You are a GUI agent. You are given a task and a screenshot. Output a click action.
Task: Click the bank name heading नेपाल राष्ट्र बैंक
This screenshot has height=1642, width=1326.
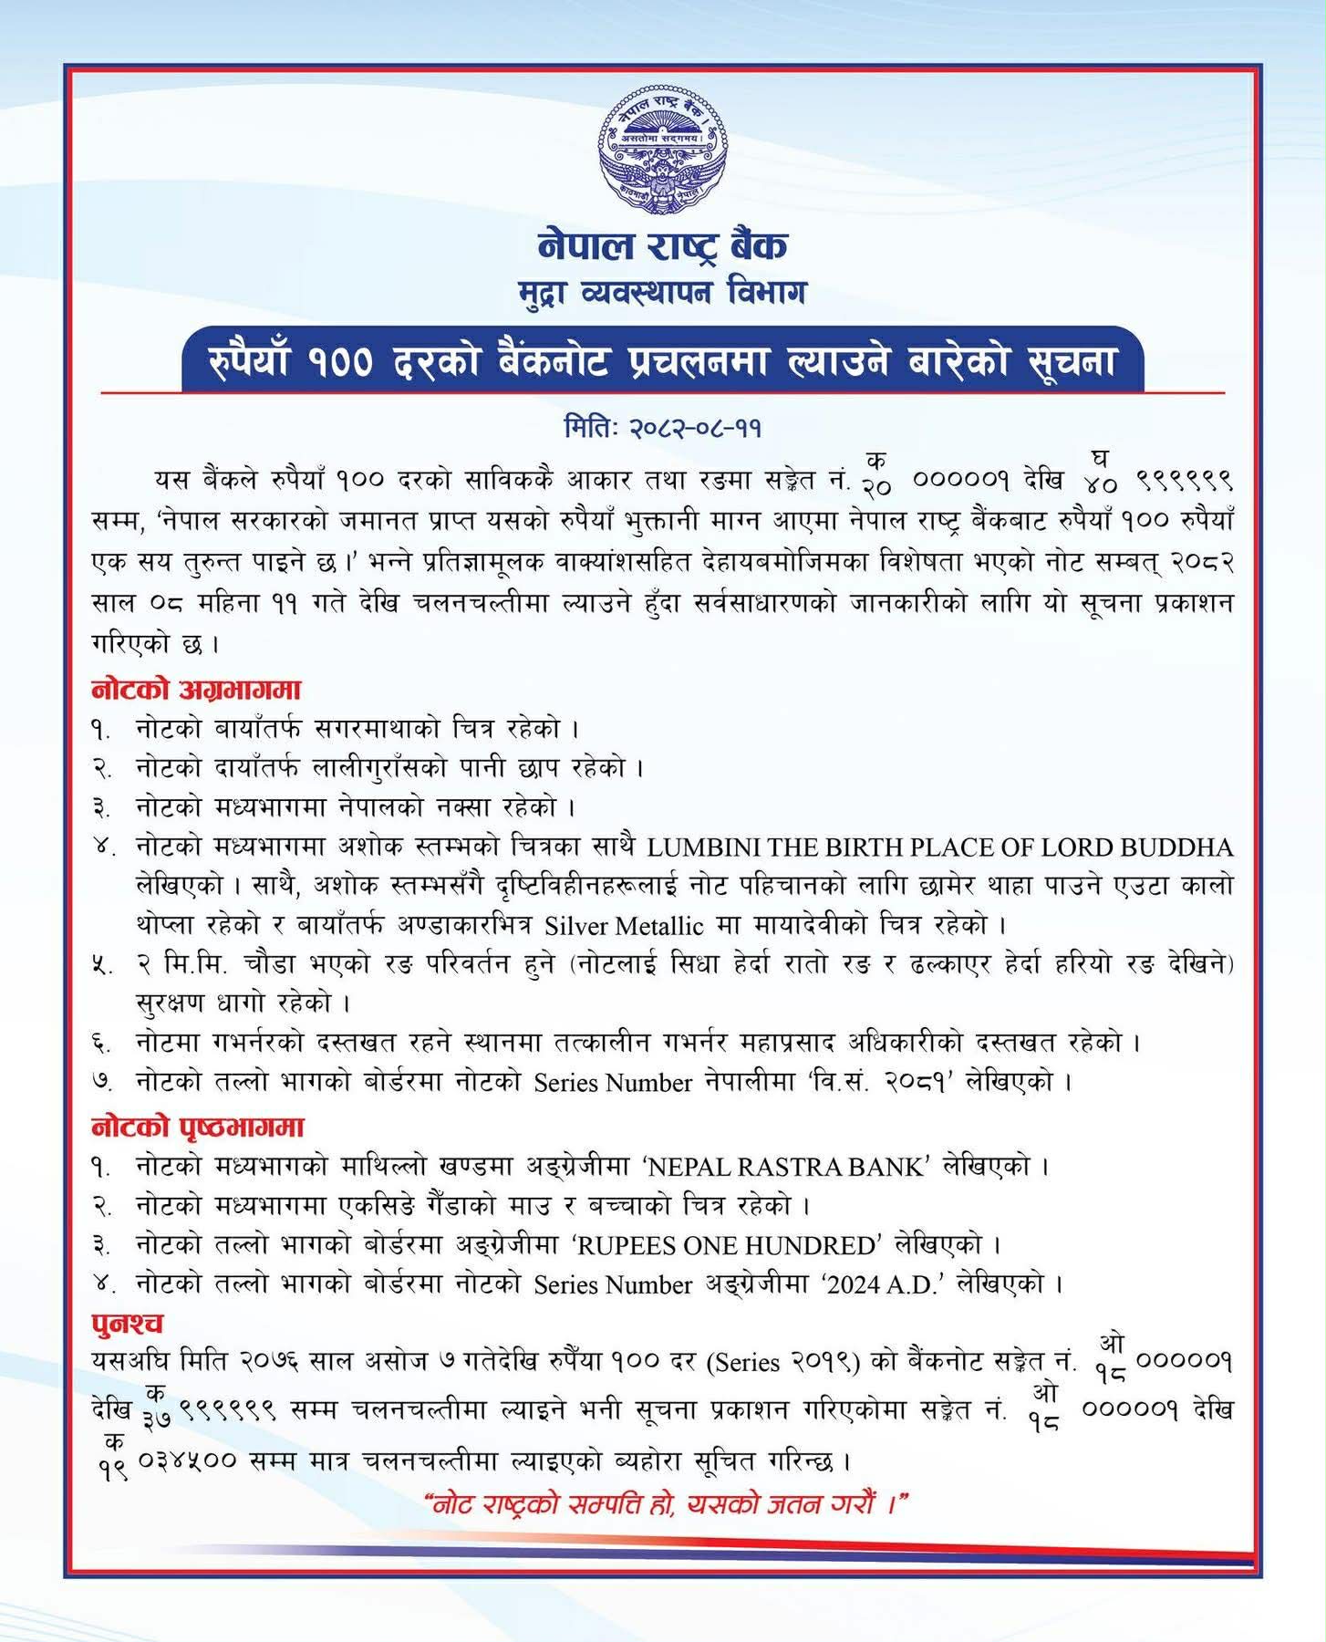[x=662, y=245]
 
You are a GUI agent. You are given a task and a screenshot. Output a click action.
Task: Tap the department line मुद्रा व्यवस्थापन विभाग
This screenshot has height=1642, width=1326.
[x=662, y=293]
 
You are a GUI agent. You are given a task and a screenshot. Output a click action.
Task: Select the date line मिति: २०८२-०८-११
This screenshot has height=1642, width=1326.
[x=662, y=427]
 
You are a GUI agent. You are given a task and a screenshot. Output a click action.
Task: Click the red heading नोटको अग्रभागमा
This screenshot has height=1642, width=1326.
[x=196, y=690]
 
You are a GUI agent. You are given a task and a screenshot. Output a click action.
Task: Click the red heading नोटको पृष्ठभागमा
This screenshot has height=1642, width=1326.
[x=198, y=1128]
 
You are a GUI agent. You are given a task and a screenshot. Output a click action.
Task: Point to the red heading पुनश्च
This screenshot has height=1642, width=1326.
[x=128, y=1323]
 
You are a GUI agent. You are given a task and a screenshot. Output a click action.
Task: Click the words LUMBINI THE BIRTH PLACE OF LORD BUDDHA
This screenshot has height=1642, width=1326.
[x=939, y=847]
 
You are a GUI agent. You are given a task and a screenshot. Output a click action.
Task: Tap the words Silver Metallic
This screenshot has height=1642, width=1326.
[x=624, y=926]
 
